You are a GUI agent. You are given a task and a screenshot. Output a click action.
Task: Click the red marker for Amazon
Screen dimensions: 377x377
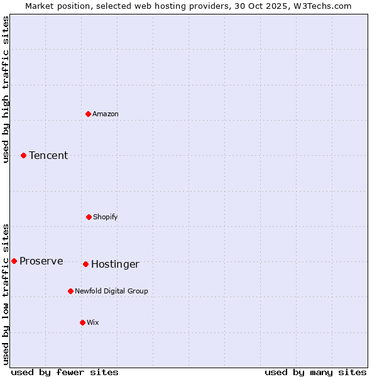click(88, 114)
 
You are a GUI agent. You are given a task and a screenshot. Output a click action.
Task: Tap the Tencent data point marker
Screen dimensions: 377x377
click(23, 155)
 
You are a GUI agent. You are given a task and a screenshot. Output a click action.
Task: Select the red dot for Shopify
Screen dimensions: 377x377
click(89, 217)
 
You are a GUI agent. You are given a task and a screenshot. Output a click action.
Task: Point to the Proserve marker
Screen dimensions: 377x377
click(14, 261)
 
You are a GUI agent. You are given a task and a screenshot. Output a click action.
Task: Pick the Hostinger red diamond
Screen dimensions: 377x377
click(85, 264)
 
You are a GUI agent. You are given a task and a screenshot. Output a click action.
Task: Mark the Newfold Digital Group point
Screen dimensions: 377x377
click(70, 291)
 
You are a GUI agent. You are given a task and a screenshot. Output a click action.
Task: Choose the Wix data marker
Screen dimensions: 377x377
click(82, 322)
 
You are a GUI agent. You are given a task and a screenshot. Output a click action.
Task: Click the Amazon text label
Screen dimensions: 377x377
click(106, 114)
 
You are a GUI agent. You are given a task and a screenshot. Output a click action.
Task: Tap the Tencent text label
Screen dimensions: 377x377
click(48, 155)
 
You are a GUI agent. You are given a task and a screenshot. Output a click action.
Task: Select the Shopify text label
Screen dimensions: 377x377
click(106, 217)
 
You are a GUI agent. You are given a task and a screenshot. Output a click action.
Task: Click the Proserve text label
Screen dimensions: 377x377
click(41, 261)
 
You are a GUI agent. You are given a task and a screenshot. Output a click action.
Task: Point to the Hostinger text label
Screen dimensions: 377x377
click(115, 264)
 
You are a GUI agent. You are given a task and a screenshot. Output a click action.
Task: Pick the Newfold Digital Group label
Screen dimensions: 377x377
click(111, 291)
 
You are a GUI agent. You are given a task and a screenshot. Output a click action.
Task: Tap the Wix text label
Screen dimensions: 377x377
click(93, 322)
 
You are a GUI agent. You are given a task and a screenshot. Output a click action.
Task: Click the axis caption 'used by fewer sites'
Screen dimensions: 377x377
click(65, 372)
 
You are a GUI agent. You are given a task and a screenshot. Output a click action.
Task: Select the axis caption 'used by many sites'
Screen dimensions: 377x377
click(315, 372)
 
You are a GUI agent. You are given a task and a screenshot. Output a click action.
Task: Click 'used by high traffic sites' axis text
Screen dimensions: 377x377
click(6, 89)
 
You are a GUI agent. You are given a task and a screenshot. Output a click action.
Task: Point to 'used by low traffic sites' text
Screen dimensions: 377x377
click(6, 293)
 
